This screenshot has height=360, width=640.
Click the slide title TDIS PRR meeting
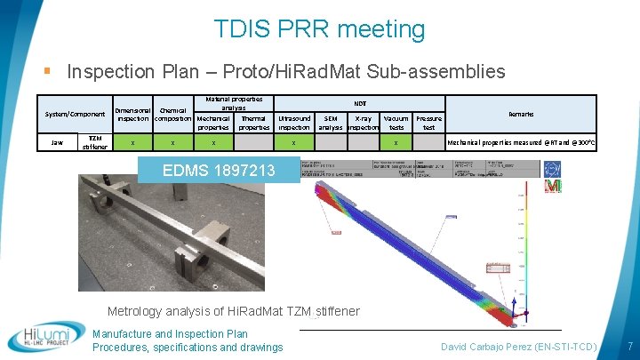(319, 29)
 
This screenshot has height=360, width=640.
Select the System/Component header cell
(76, 114)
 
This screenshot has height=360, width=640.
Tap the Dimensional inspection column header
(132, 115)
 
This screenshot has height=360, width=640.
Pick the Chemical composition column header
(173, 115)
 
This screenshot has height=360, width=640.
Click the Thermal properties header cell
(253, 123)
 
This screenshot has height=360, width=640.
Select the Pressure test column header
(428, 123)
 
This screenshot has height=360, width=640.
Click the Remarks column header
(521, 114)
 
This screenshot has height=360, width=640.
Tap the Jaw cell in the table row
(58, 142)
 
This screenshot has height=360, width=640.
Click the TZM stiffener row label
(95, 142)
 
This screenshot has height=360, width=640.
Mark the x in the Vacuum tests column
(396, 142)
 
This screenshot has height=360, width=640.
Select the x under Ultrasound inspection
(294, 142)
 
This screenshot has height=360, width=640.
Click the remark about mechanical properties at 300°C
(521, 142)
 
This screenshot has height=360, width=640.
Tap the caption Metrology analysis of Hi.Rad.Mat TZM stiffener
(234, 311)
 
